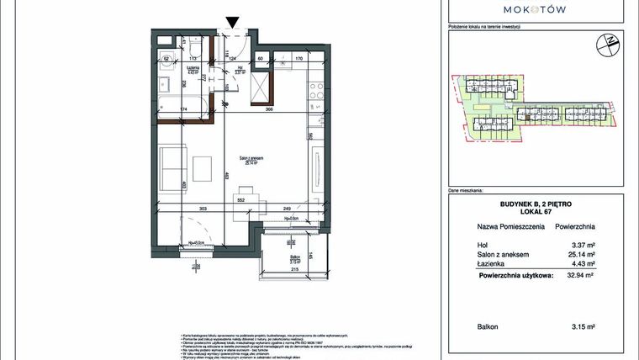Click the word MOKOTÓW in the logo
(534, 9)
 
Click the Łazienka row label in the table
(493, 263)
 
